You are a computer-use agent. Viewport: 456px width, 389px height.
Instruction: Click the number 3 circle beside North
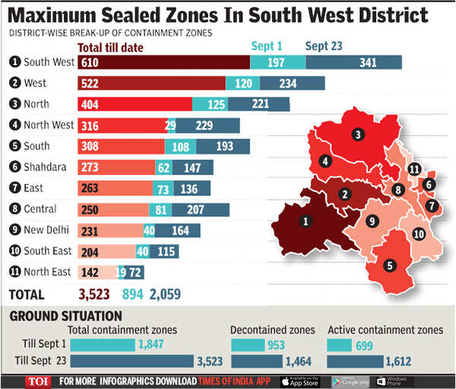(x=14, y=104)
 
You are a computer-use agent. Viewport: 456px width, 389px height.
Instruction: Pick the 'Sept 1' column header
(x=266, y=46)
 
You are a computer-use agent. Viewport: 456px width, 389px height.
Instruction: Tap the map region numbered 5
(x=390, y=266)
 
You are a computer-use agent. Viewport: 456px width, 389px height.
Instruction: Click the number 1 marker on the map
(x=306, y=221)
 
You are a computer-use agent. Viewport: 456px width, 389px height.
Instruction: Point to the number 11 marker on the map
(x=414, y=168)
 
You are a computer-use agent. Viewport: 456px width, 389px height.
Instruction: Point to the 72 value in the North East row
(x=136, y=271)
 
